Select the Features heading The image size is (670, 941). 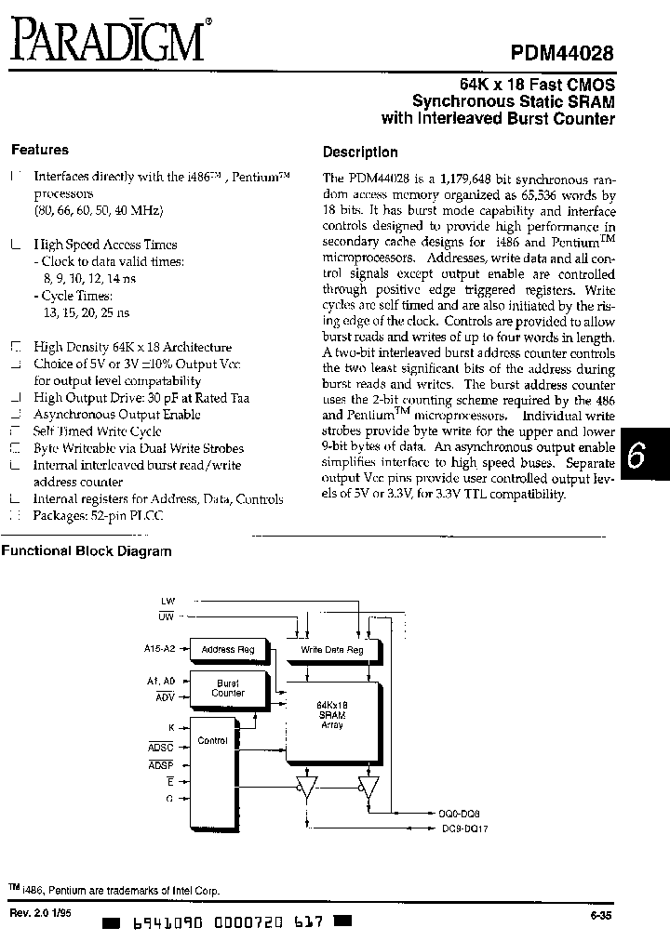(40, 150)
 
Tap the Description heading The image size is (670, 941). (360, 152)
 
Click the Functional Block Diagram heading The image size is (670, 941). (87, 551)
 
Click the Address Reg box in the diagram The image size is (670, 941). (228, 649)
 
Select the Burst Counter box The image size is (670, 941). (228, 688)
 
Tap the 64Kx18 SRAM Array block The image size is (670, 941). (330, 716)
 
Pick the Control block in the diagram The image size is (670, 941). (213, 742)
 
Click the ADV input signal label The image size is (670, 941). (164, 696)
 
